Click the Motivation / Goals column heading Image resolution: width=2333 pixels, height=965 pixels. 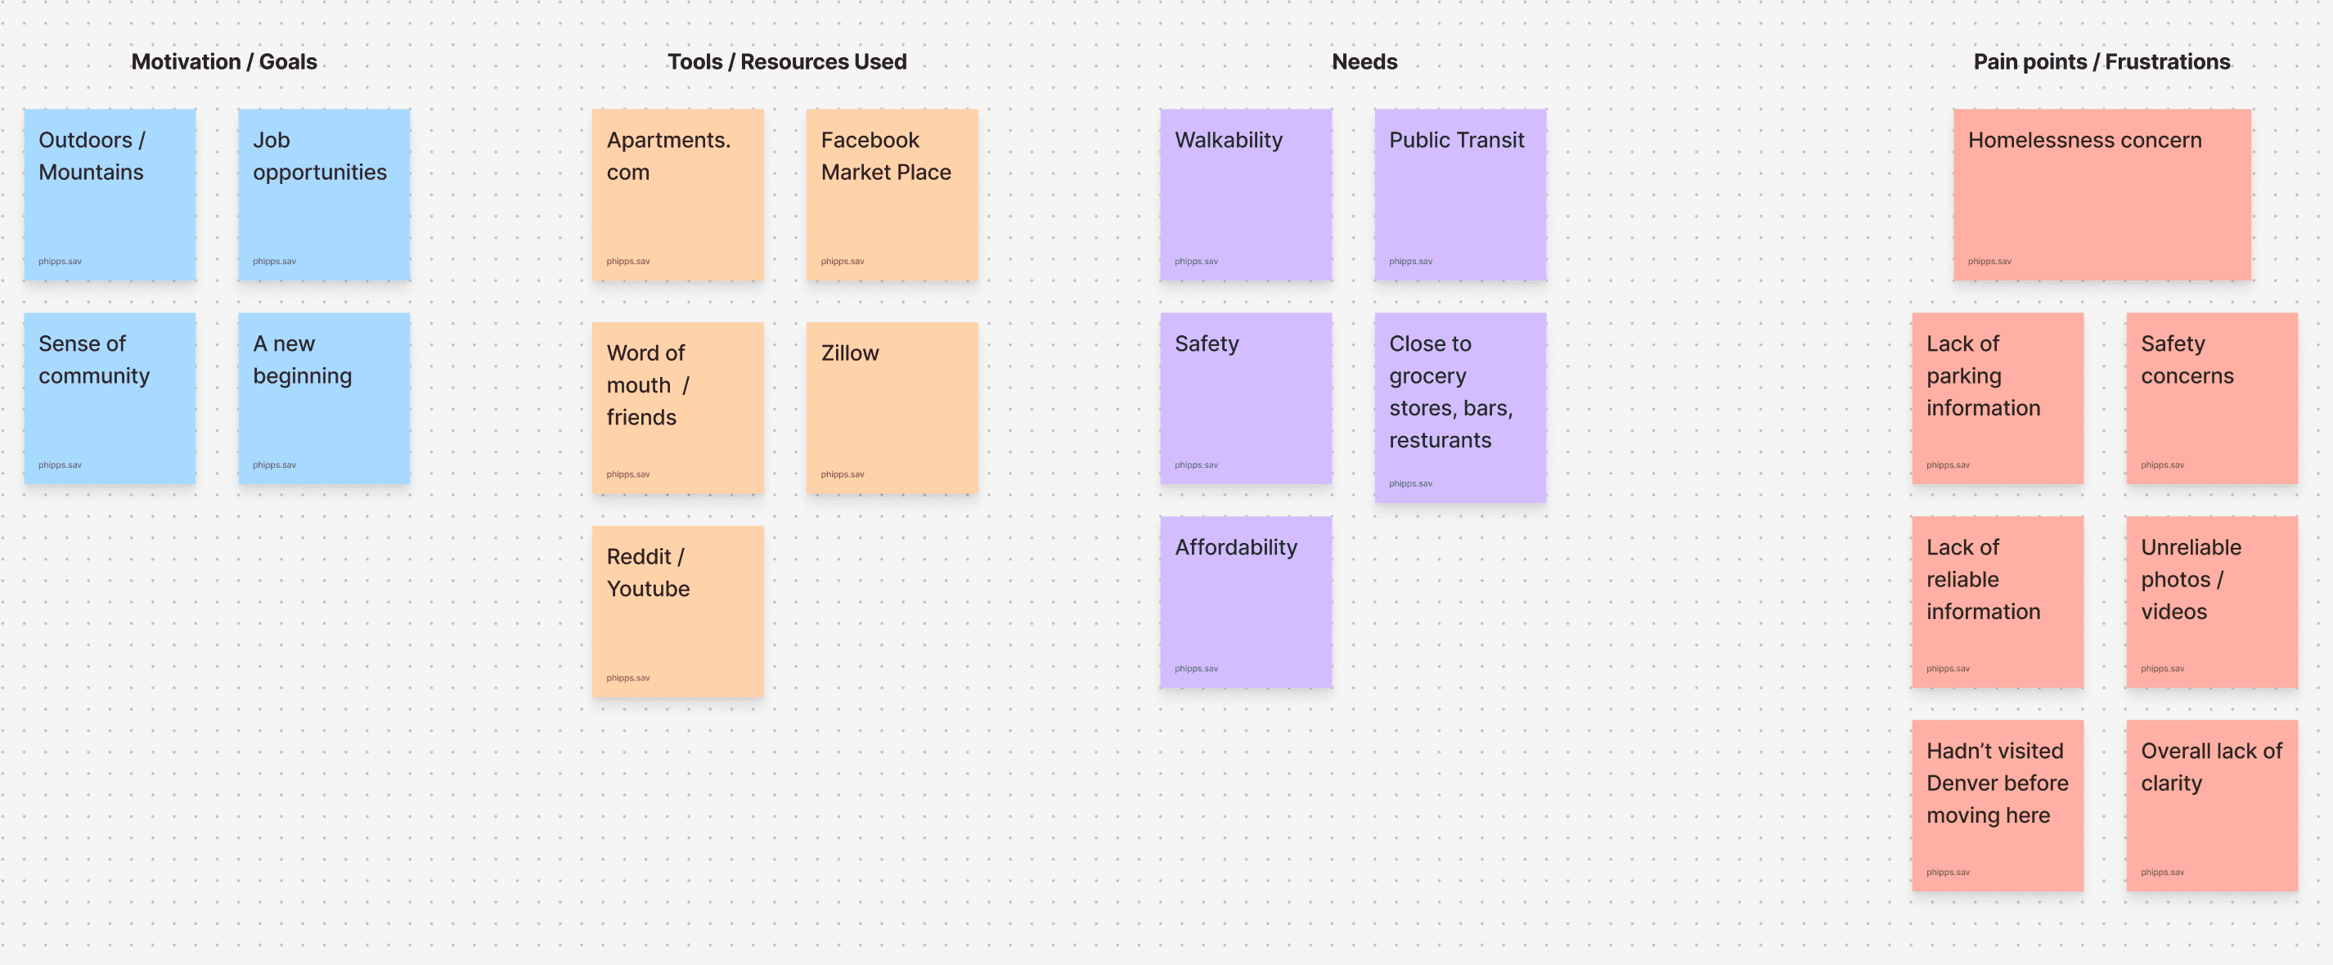(x=223, y=61)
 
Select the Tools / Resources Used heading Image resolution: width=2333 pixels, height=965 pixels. (x=786, y=61)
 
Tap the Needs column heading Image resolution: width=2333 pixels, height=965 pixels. (x=1364, y=61)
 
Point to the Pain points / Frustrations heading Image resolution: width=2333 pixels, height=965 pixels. (x=2101, y=61)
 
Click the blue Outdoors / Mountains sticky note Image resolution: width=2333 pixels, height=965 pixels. (x=110, y=195)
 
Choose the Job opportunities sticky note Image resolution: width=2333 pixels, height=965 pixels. (x=324, y=195)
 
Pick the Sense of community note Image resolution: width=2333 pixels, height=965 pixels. (x=110, y=398)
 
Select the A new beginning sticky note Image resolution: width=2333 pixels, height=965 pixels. (x=324, y=398)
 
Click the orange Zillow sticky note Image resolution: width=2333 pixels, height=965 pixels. (x=892, y=407)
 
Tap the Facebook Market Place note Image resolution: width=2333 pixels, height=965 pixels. (x=892, y=195)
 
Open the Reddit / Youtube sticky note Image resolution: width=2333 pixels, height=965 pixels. (x=677, y=611)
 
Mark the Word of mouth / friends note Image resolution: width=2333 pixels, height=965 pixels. (x=677, y=407)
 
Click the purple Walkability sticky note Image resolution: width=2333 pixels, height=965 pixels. (x=1246, y=195)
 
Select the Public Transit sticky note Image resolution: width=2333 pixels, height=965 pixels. (x=1460, y=195)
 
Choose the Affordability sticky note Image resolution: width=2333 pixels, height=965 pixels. (x=1246, y=602)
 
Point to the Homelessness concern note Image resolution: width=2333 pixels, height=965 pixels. (x=2101, y=195)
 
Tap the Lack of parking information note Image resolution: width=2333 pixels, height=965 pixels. (x=1997, y=398)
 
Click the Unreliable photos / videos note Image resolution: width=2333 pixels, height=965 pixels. (x=2212, y=602)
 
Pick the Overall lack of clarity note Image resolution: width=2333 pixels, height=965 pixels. (x=2212, y=806)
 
